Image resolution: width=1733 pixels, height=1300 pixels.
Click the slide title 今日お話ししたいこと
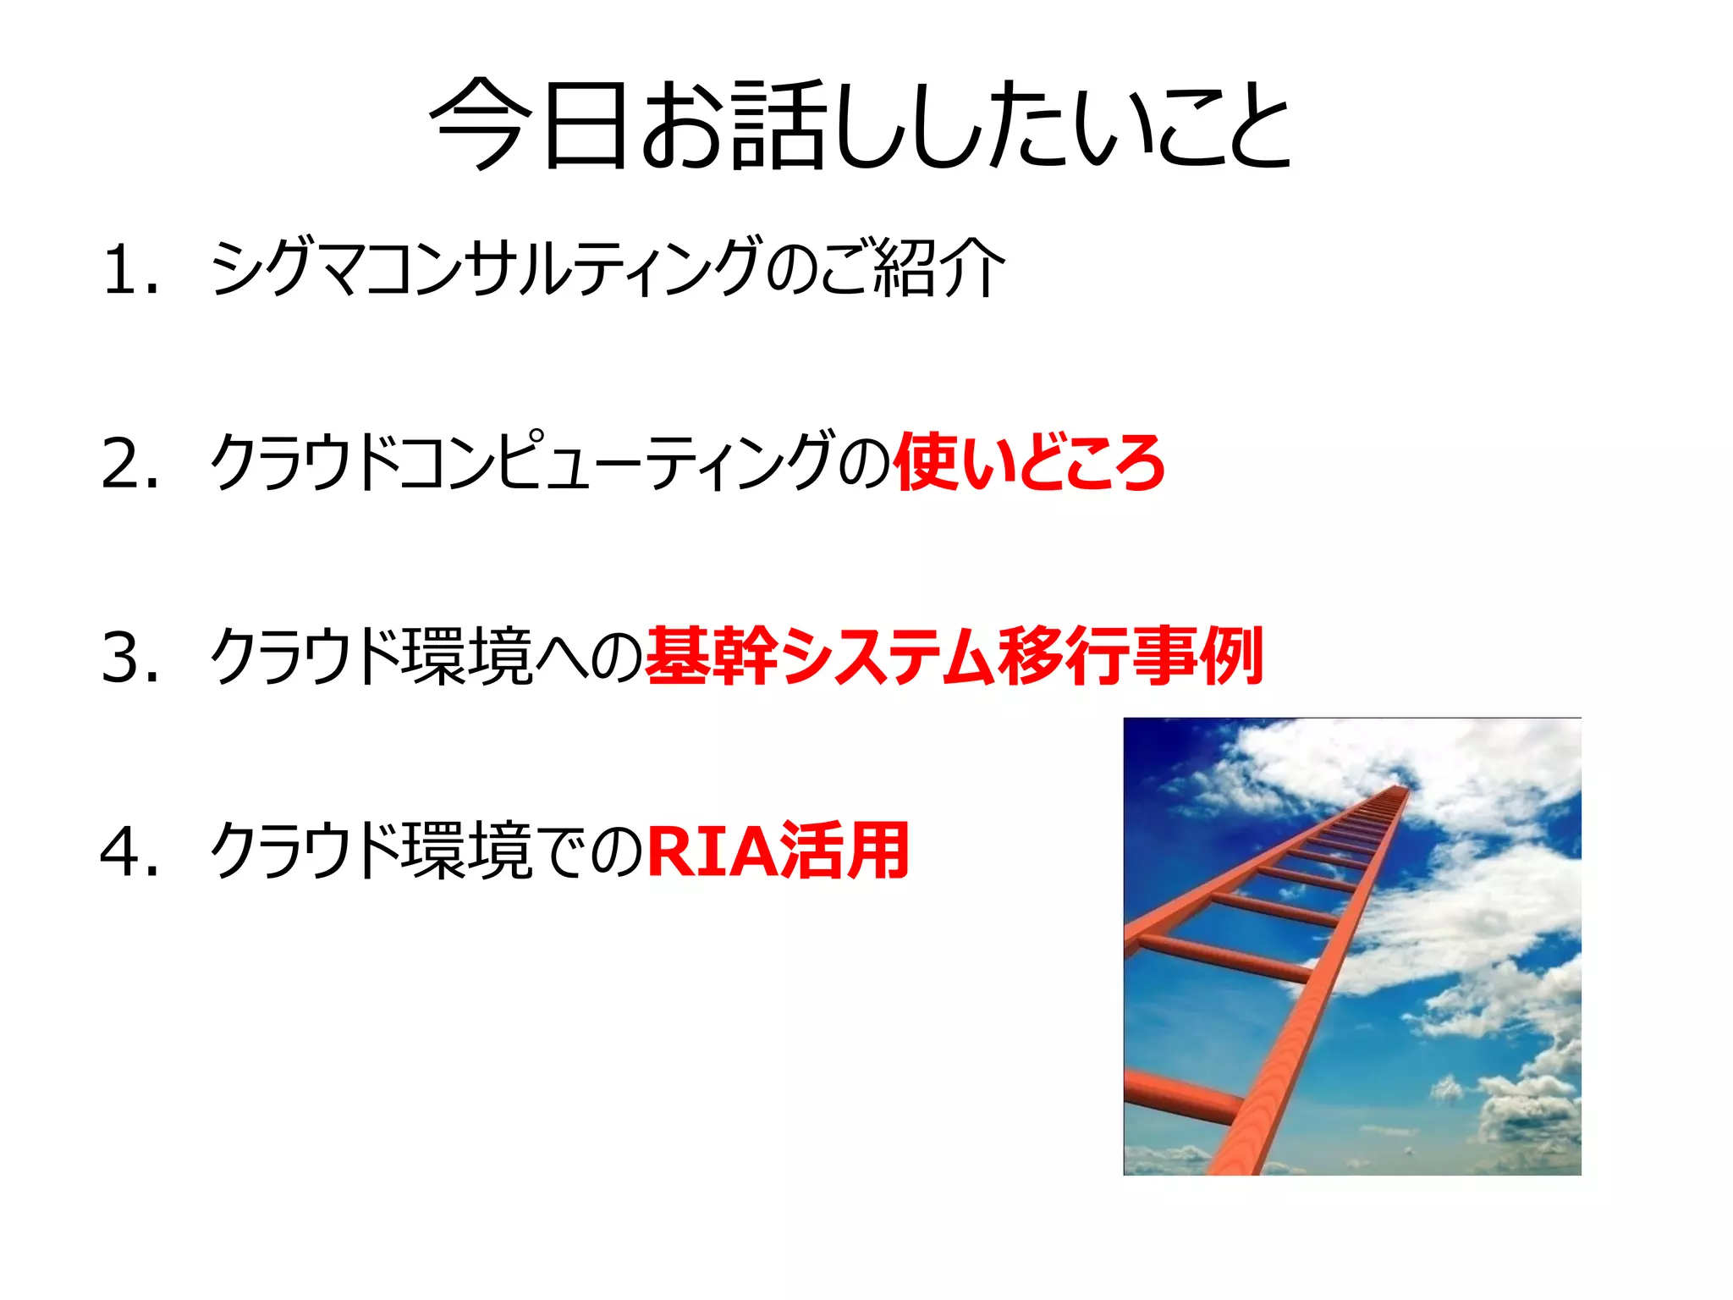click(x=861, y=125)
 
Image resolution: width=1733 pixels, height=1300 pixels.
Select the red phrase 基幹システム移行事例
click(x=954, y=656)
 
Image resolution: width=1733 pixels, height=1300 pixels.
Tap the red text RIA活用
click(x=778, y=851)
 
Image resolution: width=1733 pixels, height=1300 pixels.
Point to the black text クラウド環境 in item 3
click(x=371, y=656)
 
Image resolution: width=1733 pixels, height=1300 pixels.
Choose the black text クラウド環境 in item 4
click(x=371, y=851)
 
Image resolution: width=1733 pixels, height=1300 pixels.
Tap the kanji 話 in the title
click(x=777, y=125)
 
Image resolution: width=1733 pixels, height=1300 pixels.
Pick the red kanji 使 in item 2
click(x=927, y=462)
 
